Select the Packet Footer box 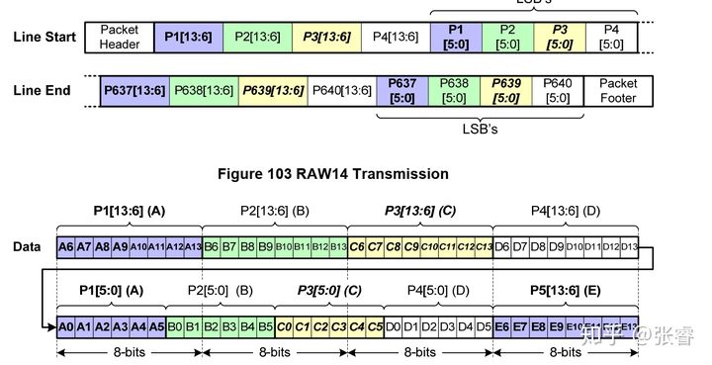point(618,91)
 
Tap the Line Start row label point(44,38)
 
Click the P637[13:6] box point(135,91)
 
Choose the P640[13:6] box point(341,91)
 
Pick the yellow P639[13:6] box point(272,91)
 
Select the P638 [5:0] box point(454,91)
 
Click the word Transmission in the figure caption point(402,174)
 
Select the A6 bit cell point(66,246)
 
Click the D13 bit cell point(629,246)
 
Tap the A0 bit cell point(66,325)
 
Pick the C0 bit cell point(285,325)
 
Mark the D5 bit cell point(484,325)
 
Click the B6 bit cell point(212,246)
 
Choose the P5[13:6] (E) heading point(564,291)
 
